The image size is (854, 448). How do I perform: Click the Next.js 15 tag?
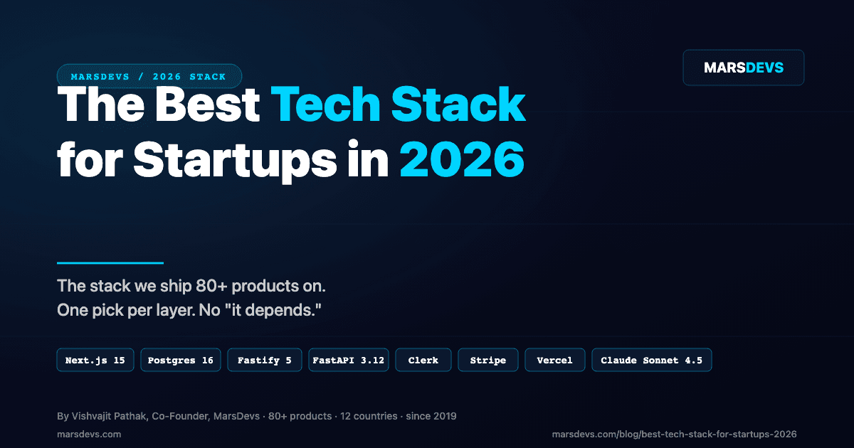pyautogui.click(x=95, y=361)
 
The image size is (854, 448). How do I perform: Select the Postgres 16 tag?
pyautogui.click(x=181, y=361)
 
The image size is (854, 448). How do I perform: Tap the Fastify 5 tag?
pyautogui.click(x=265, y=361)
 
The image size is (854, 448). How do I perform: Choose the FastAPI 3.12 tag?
pyautogui.click(x=349, y=361)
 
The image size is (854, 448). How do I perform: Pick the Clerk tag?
pyautogui.click(x=423, y=361)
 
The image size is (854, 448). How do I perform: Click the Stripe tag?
pyautogui.click(x=488, y=361)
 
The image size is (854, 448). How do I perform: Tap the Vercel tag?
pyautogui.click(x=555, y=361)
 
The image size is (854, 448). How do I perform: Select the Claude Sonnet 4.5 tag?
pyautogui.click(x=651, y=361)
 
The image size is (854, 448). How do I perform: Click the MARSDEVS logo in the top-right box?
pyautogui.click(x=744, y=68)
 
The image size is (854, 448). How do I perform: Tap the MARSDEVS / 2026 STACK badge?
pyautogui.click(x=149, y=76)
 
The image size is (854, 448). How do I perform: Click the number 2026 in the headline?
pyautogui.click(x=462, y=160)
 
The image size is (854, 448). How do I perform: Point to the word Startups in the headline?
pyautogui.click(x=234, y=160)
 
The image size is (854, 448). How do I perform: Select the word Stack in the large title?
pyautogui.click(x=458, y=105)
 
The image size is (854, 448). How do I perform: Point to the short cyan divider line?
pyautogui.click(x=110, y=263)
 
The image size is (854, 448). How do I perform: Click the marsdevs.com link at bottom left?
pyautogui.click(x=89, y=434)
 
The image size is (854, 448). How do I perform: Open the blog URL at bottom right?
pyautogui.click(x=674, y=434)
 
